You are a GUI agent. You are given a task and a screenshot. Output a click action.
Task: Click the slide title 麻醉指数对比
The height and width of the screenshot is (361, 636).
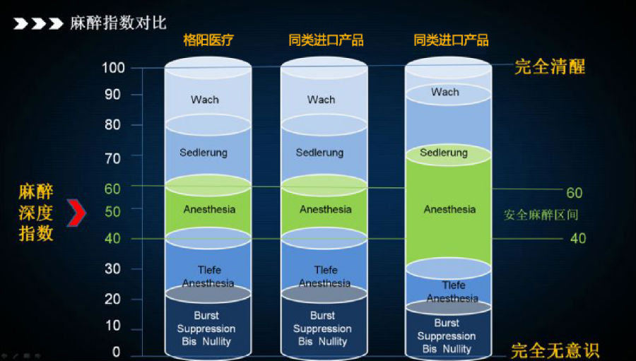click(x=118, y=23)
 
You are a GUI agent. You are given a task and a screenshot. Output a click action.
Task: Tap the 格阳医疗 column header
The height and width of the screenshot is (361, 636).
click(x=208, y=40)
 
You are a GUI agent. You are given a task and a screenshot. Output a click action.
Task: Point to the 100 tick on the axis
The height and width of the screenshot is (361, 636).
click(x=113, y=68)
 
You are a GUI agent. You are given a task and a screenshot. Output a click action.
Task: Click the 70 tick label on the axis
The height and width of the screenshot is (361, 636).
click(x=113, y=158)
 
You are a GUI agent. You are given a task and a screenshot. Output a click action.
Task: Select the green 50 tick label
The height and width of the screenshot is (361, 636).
click(x=113, y=211)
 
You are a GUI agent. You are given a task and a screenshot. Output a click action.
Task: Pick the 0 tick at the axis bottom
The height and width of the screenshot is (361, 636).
click(x=117, y=352)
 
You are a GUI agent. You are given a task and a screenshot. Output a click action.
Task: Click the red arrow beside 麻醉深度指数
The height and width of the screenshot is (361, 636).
click(x=76, y=213)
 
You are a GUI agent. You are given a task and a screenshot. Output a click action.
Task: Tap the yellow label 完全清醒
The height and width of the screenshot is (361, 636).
click(x=550, y=67)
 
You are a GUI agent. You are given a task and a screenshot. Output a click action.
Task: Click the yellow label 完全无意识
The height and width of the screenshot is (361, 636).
click(x=555, y=351)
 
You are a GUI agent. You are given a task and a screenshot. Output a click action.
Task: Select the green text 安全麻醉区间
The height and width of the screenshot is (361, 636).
click(x=541, y=215)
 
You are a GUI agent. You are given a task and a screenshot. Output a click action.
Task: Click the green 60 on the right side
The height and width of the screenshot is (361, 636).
click(x=575, y=193)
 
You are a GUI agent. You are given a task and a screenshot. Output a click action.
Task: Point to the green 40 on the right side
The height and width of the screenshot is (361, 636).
click(x=578, y=238)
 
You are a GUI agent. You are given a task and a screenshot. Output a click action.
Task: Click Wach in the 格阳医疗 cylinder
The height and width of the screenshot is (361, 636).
click(x=205, y=100)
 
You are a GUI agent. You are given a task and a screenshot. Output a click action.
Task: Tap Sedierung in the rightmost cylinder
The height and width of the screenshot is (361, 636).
click(x=444, y=153)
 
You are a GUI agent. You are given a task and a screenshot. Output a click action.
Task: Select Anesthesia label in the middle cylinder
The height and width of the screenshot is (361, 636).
click(x=325, y=209)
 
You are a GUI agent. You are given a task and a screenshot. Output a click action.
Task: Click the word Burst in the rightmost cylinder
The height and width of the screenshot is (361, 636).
click(x=447, y=323)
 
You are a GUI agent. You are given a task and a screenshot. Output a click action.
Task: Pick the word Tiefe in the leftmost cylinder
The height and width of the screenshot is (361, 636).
click(x=209, y=270)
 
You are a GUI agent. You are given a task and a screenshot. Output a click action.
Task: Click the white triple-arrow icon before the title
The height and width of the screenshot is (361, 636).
click(x=38, y=23)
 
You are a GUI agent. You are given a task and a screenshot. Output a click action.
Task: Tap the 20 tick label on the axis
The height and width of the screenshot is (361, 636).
click(x=113, y=299)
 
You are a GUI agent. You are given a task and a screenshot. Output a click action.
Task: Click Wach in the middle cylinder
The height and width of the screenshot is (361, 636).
click(x=321, y=100)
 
